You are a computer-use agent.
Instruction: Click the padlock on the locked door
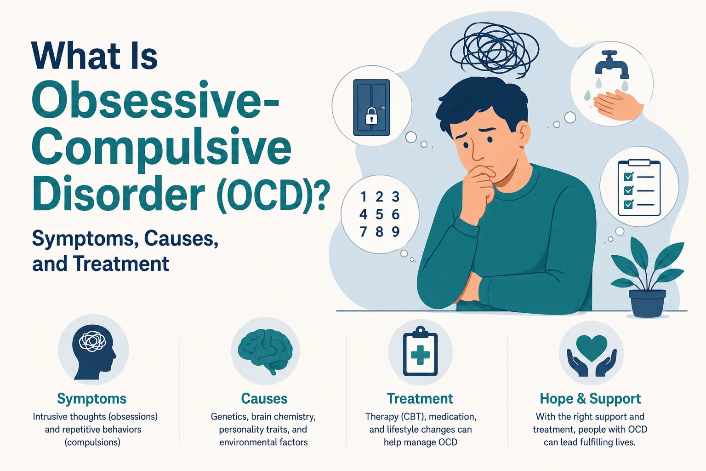[x=371, y=116]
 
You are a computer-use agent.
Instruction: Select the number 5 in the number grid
[x=380, y=214]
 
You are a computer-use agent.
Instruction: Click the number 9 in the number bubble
[x=396, y=232]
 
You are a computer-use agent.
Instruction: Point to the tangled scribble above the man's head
[x=495, y=51]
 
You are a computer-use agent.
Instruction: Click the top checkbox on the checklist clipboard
[x=628, y=176]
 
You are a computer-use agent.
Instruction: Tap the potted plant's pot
[x=647, y=303]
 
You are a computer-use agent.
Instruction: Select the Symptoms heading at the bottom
[x=92, y=399]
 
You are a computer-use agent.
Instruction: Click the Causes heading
[x=264, y=399]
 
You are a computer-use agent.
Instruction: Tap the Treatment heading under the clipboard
[x=420, y=399]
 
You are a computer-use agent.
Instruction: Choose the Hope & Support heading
[x=590, y=399]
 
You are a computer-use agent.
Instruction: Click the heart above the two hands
[x=592, y=348]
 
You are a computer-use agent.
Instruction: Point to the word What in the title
[x=76, y=55]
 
